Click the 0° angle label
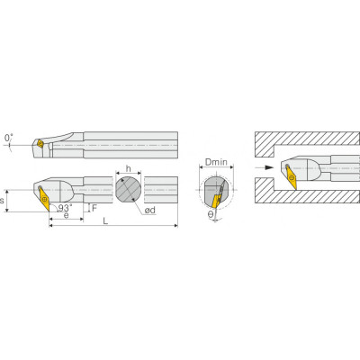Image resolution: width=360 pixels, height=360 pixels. click(9, 138)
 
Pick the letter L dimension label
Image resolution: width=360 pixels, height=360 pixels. click(105, 221)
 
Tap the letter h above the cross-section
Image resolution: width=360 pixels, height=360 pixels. click(129, 168)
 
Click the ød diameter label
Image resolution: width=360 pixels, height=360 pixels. click(150, 210)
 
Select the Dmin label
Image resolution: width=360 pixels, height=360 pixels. click(216, 162)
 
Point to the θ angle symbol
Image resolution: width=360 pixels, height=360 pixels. click(211, 213)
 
